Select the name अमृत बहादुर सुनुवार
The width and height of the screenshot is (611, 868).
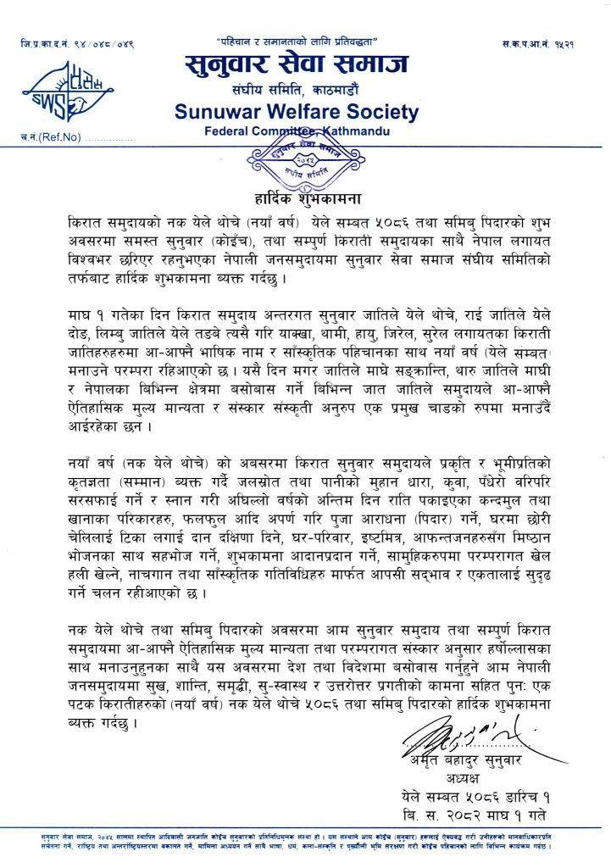pyautogui.click(x=474, y=760)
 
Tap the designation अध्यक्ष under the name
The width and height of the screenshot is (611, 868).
pyautogui.click(x=474, y=778)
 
